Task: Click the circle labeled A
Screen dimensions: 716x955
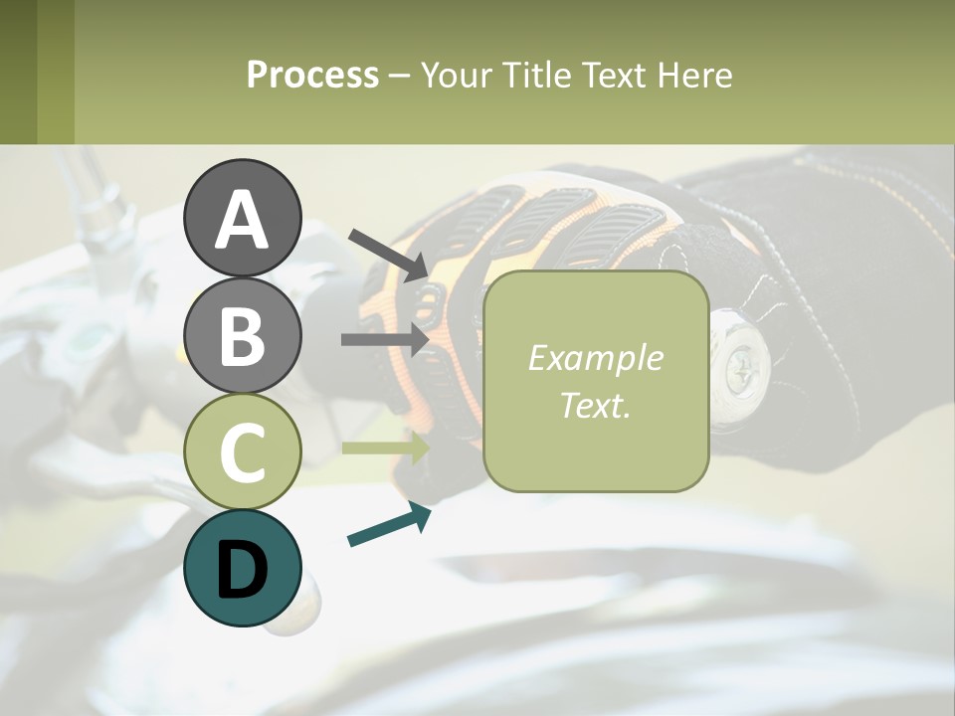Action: (243, 218)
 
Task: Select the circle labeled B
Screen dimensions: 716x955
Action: (243, 334)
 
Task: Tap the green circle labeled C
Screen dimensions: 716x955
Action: (243, 451)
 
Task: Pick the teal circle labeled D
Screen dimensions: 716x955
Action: (243, 568)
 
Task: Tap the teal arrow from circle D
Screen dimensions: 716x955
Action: (389, 526)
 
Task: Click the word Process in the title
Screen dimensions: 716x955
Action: (312, 75)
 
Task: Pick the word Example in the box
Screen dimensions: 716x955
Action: (595, 358)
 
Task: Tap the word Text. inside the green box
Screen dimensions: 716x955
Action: (595, 405)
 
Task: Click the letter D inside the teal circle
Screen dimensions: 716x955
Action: (243, 568)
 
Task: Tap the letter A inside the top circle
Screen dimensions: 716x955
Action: (243, 220)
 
